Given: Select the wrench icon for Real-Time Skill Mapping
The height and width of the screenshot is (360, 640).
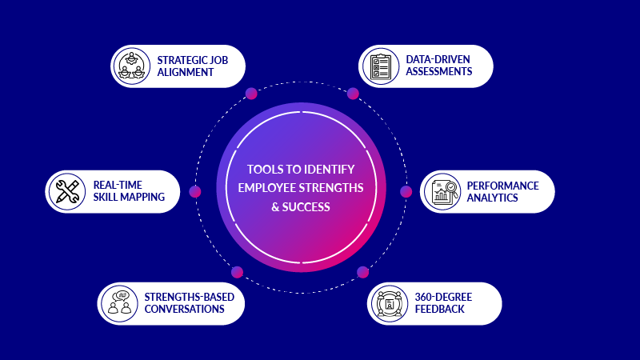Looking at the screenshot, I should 66,191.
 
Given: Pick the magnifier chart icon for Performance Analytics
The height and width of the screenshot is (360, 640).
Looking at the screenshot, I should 442,191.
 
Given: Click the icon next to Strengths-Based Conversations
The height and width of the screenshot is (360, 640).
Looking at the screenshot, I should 120,303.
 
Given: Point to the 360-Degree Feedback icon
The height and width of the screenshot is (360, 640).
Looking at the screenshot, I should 390,303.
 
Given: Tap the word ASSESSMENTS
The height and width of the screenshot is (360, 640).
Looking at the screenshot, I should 440,72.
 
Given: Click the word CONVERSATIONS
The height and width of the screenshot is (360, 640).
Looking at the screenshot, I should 185,309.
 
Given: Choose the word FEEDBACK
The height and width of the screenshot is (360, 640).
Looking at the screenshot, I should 439,309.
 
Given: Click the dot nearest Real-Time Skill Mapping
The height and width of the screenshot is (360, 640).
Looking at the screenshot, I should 194,191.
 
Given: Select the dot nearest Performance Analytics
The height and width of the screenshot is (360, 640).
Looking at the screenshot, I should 406,191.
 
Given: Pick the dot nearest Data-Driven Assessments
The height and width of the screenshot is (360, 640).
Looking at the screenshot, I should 353,94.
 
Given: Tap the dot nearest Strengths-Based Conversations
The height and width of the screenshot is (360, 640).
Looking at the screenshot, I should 237,272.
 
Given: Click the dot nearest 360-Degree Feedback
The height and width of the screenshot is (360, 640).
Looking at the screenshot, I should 362,272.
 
